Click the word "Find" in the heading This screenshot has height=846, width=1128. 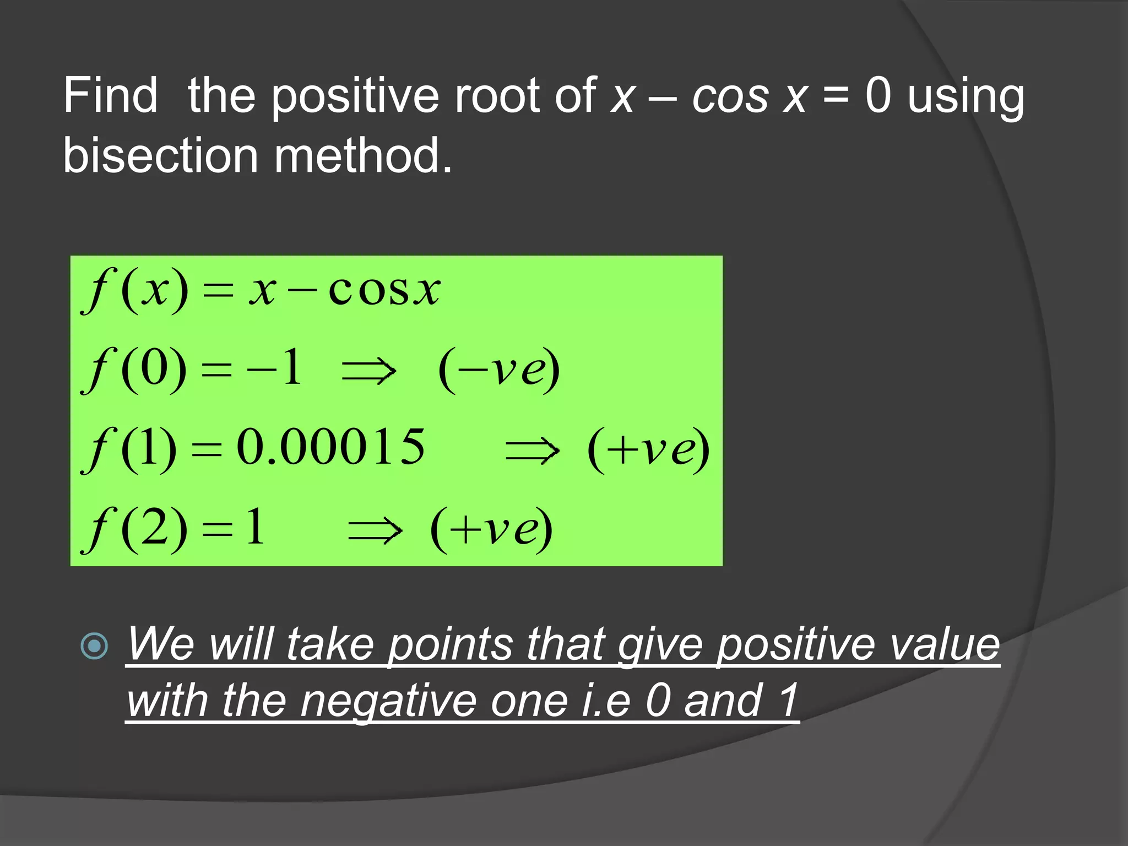pos(110,96)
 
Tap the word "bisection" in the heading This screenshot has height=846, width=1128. pos(160,155)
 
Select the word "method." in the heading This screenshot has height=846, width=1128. pos(363,155)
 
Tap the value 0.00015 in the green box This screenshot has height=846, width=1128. pos(330,447)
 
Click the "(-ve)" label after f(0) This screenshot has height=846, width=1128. pos(499,370)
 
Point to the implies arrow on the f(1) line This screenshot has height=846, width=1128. pos(532,451)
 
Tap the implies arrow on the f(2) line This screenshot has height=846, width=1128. pos(375,530)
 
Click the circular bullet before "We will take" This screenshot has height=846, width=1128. pos(94,646)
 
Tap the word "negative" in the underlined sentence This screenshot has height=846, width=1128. pos(388,701)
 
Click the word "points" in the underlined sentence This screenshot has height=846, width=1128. pos(451,644)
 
